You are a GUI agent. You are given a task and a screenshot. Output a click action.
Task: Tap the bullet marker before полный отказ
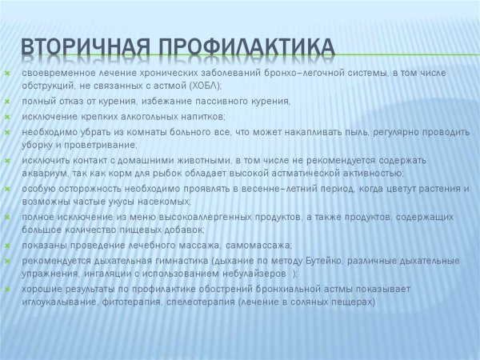pos(6,102)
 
